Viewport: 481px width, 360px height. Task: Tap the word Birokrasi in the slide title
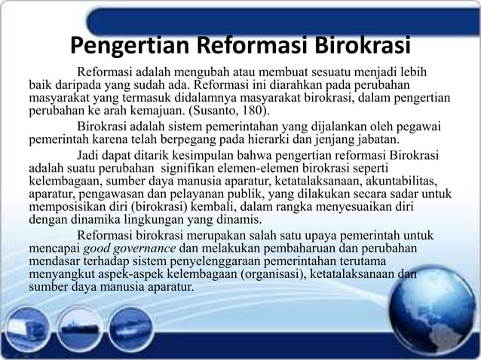(x=357, y=47)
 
